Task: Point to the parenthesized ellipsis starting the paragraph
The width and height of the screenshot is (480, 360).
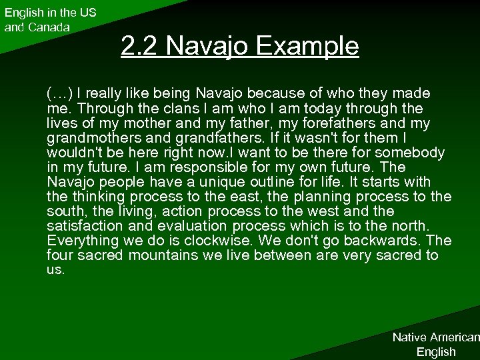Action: point(60,93)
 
